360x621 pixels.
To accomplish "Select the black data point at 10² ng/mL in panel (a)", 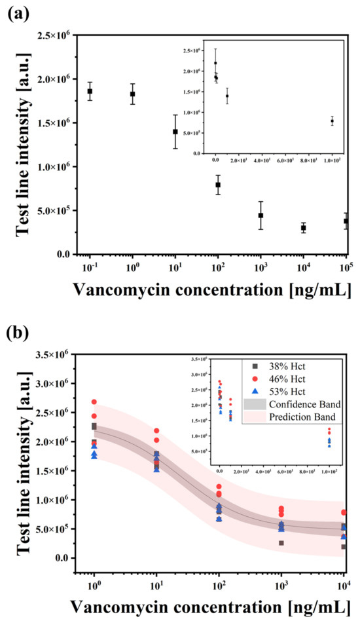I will tap(218, 185).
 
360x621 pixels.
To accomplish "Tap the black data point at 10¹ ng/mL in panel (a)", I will tap(175, 132).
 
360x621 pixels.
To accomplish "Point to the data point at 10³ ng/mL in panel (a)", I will tap(261, 216).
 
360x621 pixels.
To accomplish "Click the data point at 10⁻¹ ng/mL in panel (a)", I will tap(90, 91).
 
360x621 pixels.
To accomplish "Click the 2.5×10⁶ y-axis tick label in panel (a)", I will tap(54, 35).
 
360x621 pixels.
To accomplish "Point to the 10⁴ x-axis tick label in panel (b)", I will tap(343, 585).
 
